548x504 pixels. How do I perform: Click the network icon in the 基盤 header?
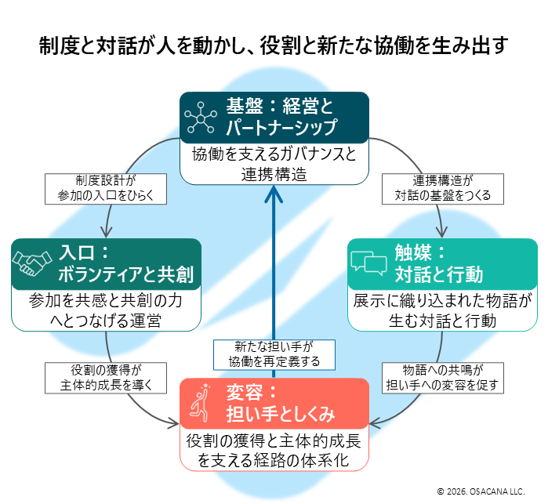pos(201,118)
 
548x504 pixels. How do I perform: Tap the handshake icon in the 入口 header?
pos(31,264)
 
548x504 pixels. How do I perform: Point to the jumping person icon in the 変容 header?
pos(201,402)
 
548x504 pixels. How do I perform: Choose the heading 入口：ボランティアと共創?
pos(125,264)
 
